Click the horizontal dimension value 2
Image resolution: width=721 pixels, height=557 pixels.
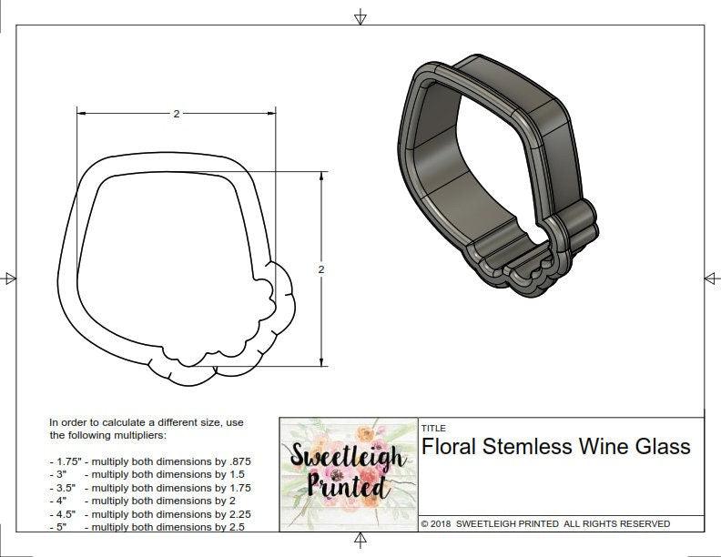tap(176, 114)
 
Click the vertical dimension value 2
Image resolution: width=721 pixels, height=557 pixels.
tap(321, 269)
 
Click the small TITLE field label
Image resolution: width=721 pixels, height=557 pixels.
tap(432, 428)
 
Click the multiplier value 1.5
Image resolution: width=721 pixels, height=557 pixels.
tap(236, 474)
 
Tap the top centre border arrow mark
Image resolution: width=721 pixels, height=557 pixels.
tap(360, 16)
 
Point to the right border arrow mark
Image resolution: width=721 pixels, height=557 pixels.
tap(711, 278)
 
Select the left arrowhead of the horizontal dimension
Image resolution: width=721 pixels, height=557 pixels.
tap(81, 114)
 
